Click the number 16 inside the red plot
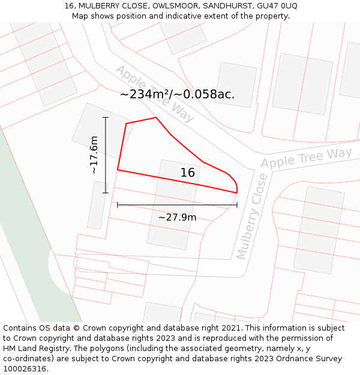click(188, 173)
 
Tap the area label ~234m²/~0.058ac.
click(177, 94)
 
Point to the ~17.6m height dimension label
click(94, 155)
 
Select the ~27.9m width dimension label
click(177, 217)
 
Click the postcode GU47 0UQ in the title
click(276, 6)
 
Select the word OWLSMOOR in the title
click(174, 6)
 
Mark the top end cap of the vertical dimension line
click(106, 118)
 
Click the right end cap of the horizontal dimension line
click(237, 205)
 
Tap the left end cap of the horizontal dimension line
click(118, 205)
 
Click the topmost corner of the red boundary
click(156, 118)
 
